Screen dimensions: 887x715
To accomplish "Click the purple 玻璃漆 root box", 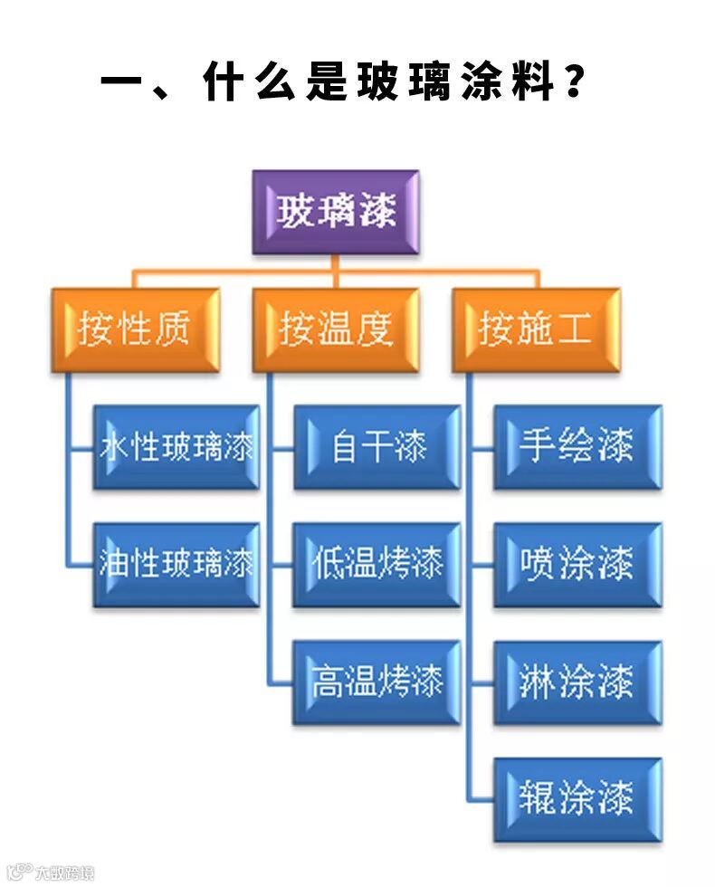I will click(337, 213).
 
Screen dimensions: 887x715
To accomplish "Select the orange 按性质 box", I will click(136, 329).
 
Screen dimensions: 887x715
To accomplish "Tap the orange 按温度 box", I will click(336, 329).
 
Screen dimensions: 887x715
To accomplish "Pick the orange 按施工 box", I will click(536, 329).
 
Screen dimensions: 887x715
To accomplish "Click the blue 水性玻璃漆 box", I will click(176, 447).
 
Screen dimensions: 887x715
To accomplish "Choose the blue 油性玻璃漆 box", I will click(176, 564).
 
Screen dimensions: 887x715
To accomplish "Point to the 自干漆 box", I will click(377, 447).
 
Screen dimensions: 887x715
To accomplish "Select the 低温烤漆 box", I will click(377, 564).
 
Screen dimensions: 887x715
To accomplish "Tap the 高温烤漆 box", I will click(377, 682).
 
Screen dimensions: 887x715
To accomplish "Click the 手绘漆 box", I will click(577, 447).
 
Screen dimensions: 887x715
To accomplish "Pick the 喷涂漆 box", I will click(577, 564).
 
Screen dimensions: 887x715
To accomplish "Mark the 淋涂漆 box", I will click(577, 682).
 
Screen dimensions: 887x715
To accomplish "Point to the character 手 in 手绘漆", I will click(536, 447).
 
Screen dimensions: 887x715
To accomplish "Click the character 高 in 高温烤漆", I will click(327, 682).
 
